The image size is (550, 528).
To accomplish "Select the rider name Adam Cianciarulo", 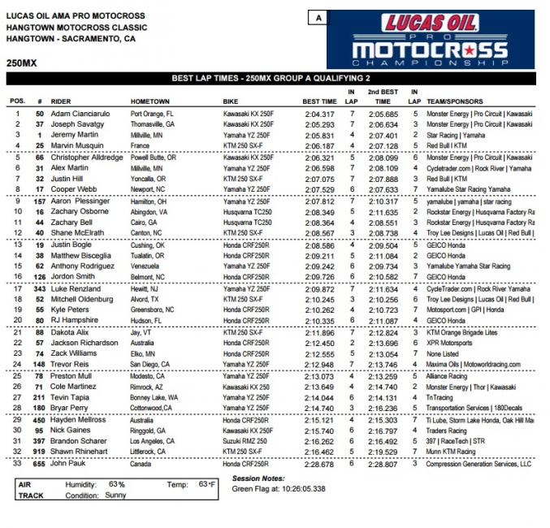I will pyautogui.click(x=79, y=115).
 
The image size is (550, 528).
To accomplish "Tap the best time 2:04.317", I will pyautogui.click(x=318, y=115).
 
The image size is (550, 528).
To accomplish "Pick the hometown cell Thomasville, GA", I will pyautogui.click(x=153, y=124).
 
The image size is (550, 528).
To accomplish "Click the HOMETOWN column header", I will pyautogui.click(x=150, y=102).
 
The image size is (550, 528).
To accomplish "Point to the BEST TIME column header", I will pyautogui.click(x=320, y=102).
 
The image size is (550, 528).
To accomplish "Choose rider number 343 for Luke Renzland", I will pyautogui.click(x=39, y=288).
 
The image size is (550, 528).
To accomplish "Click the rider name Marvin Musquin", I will pyautogui.click(x=76, y=145).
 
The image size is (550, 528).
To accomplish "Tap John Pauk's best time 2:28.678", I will pyautogui.click(x=318, y=464).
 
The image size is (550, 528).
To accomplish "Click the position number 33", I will pyautogui.click(x=16, y=464).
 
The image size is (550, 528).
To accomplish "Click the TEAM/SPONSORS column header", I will pyautogui.click(x=459, y=102).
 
